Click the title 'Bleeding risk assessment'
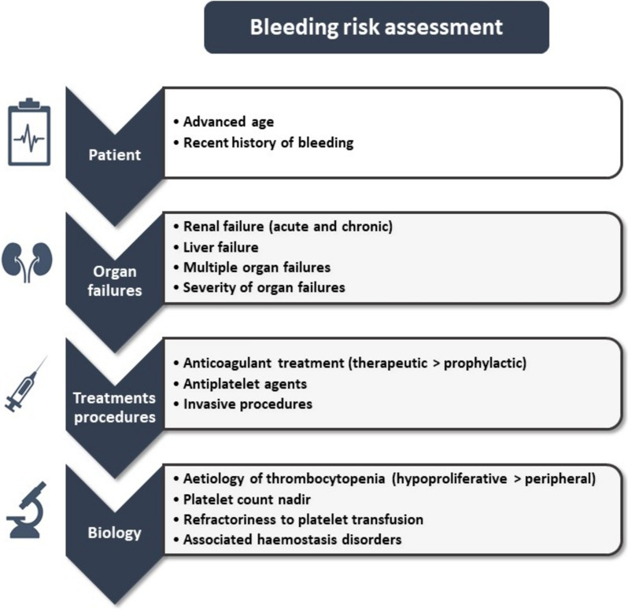(376, 27)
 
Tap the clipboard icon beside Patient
(31, 131)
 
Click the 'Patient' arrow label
(113, 154)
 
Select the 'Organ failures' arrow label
(113, 280)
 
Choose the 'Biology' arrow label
(113, 533)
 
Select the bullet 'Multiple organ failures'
(257, 268)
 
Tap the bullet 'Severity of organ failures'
(264, 287)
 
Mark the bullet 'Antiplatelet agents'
(245, 384)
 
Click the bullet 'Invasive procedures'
(247, 404)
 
